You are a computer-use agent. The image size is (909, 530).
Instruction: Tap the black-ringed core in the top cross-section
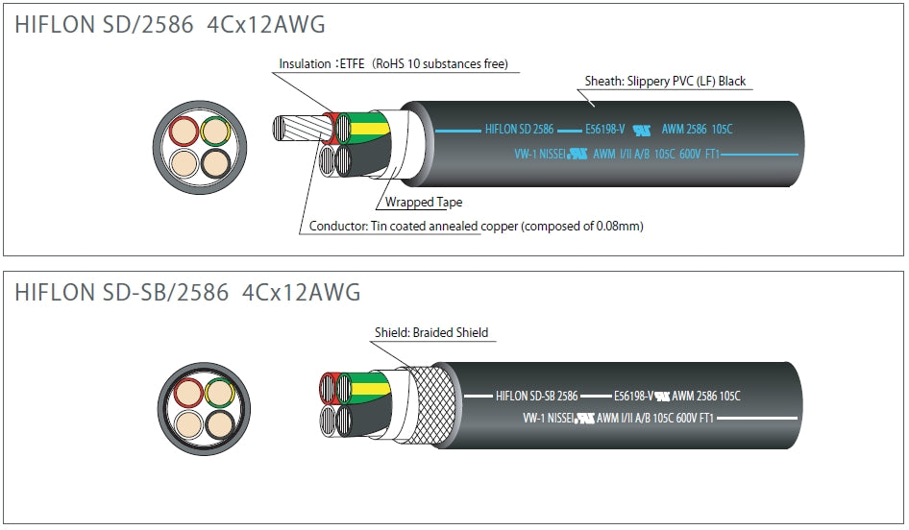[216, 162]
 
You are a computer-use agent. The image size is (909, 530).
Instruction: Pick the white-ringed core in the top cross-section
[183, 162]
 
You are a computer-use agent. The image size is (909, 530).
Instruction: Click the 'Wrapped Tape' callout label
[424, 203]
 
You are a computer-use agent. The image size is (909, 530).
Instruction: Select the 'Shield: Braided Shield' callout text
[431, 333]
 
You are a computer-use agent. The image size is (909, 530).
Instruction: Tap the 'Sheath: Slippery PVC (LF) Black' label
[665, 82]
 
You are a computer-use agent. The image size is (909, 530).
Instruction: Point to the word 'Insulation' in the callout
[305, 65]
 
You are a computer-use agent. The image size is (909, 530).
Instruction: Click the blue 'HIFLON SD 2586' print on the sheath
[519, 128]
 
